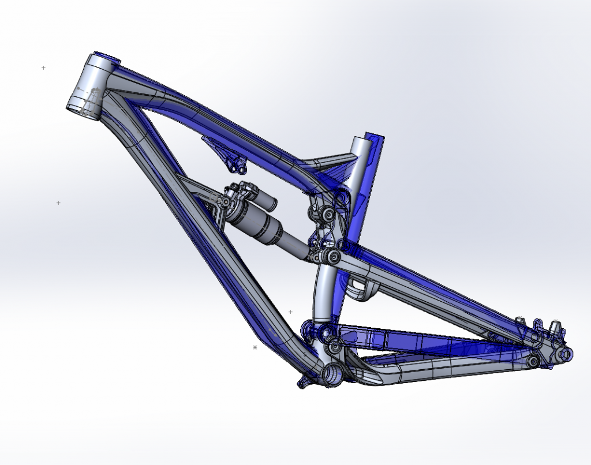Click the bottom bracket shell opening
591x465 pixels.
[334, 374]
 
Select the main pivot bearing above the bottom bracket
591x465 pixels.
[321, 332]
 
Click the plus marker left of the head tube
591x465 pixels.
[43, 68]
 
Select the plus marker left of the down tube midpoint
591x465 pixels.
[58, 203]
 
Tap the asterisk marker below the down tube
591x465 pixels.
[255, 347]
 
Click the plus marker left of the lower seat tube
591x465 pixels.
[290, 312]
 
